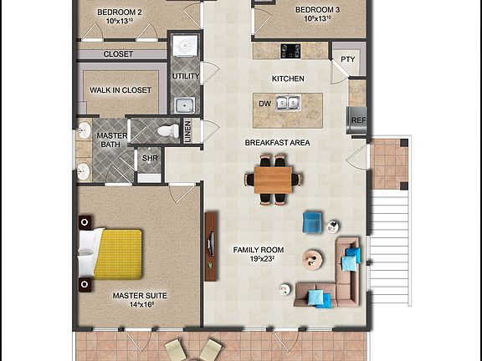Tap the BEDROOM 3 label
pos(317,10)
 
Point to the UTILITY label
pos(186,76)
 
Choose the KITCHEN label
pos(288,79)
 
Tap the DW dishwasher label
pos(265,104)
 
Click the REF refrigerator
pos(358,119)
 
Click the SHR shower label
pos(150,158)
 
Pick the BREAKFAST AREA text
pos(277,143)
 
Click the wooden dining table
pos(274,178)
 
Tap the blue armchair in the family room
pos(312,221)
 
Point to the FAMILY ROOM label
pos(259,250)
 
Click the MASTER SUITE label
pos(140,295)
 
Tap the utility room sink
pos(185,105)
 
